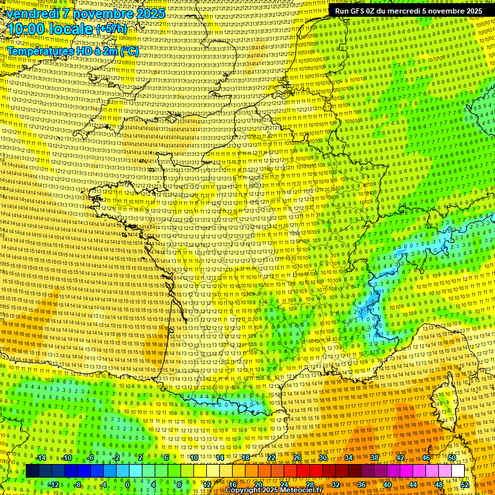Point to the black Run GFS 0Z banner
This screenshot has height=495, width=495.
[409, 11]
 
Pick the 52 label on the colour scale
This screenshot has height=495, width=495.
[465, 485]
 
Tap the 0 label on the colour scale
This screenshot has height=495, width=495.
[128, 485]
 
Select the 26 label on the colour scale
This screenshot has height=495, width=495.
[297, 458]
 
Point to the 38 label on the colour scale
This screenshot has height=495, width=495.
[374, 458]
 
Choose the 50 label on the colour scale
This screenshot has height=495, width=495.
[452, 458]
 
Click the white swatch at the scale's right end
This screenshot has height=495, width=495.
[458, 471]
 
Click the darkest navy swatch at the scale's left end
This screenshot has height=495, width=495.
[32, 471]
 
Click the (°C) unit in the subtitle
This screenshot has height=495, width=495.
[129, 51]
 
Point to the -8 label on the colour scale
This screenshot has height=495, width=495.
[77, 485]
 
